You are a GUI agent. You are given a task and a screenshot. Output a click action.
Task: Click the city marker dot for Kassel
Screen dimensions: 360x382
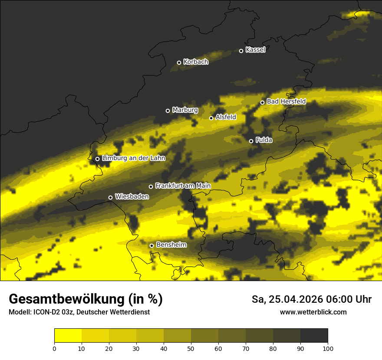click(x=241, y=51)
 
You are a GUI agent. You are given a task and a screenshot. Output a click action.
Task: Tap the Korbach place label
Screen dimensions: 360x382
click(x=196, y=62)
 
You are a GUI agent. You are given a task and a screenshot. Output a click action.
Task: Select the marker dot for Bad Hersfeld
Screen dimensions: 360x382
click(x=262, y=102)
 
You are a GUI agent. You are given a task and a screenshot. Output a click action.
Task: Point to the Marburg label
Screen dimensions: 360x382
click(x=185, y=110)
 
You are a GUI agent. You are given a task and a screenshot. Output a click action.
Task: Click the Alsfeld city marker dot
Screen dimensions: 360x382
click(x=211, y=118)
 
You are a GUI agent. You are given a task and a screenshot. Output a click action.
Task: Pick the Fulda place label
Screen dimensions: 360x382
click(x=264, y=140)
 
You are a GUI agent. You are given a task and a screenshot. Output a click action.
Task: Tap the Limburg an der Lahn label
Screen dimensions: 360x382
click(x=134, y=158)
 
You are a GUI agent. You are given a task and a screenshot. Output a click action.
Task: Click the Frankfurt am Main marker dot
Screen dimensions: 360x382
click(x=151, y=187)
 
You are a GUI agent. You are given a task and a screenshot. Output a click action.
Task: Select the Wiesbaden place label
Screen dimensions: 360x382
click(x=132, y=197)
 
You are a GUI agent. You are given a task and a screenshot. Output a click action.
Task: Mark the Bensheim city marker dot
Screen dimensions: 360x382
click(x=151, y=245)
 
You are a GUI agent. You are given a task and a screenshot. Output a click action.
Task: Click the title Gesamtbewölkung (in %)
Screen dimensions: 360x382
click(x=86, y=299)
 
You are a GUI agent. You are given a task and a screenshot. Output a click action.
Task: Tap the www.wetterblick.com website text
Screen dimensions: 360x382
click(x=313, y=312)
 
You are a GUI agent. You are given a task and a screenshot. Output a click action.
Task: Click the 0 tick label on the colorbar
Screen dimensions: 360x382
click(x=54, y=348)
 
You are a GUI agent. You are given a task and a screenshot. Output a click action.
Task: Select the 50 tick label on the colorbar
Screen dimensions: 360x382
click(x=191, y=348)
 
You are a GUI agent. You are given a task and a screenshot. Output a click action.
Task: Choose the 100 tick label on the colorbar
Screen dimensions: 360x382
click(x=328, y=348)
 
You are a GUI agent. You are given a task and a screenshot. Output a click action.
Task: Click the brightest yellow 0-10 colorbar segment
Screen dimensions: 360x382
click(x=68, y=336)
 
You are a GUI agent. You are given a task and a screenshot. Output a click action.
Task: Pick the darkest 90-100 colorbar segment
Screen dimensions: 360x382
click(x=314, y=336)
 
